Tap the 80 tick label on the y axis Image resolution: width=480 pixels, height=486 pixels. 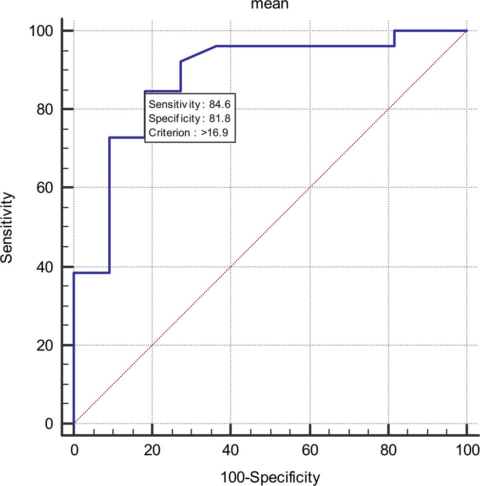(x=45, y=109)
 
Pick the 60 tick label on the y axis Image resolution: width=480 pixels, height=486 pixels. (x=45, y=188)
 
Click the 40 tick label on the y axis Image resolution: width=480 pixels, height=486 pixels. (x=45, y=267)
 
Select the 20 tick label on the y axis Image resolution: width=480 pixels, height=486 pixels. (x=45, y=345)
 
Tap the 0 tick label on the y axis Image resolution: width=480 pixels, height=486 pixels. (x=49, y=424)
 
